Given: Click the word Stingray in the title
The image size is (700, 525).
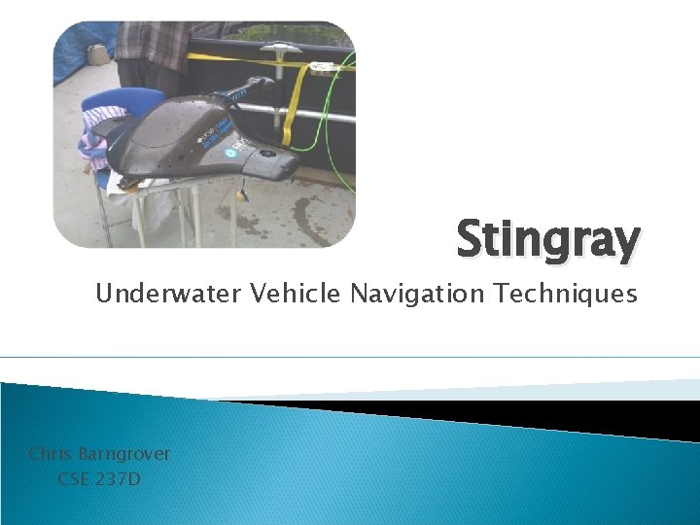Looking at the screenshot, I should [x=548, y=239].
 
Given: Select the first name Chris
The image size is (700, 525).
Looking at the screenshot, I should [x=50, y=454].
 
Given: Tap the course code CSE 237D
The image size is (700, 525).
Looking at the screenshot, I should [x=99, y=478].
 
